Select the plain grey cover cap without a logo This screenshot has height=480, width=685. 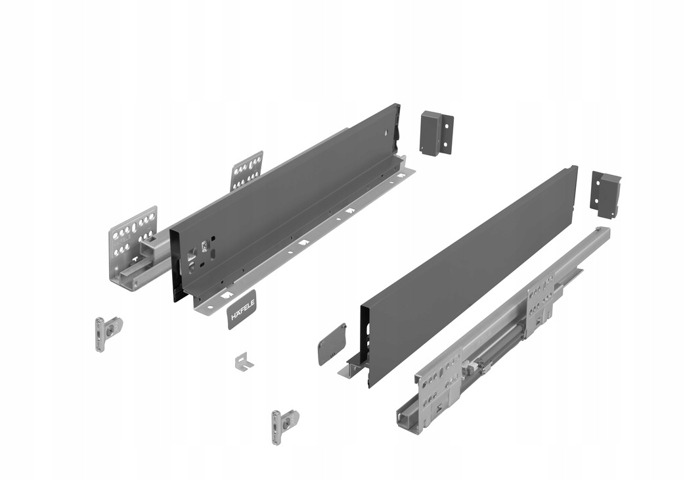(331, 343)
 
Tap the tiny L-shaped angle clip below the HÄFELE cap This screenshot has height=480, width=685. (244, 361)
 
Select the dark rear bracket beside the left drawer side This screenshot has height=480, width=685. (435, 133)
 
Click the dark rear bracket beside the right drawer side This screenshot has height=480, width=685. (606, 193)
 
